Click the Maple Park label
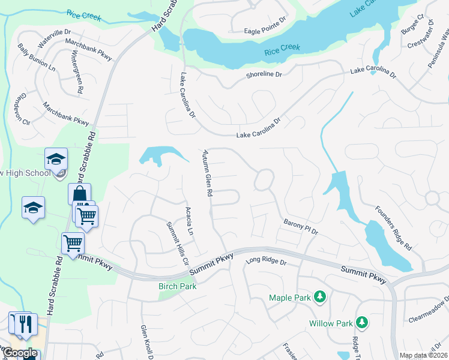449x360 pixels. click(290, 298)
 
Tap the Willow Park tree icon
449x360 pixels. click(362, 323)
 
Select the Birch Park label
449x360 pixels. click(178, 286)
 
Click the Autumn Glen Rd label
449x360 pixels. click(208, 173)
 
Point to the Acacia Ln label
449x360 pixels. click(189, 220)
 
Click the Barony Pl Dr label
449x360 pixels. click(300, 227)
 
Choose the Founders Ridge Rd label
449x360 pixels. click(393, 228)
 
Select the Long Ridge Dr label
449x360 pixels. click(267, 262)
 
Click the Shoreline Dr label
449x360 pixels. click(264, 75)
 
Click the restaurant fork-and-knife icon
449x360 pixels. click(25, 324)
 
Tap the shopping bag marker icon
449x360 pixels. click(79, 194)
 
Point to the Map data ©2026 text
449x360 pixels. click(423, 355)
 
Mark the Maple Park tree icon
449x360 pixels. click(321, 297)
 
